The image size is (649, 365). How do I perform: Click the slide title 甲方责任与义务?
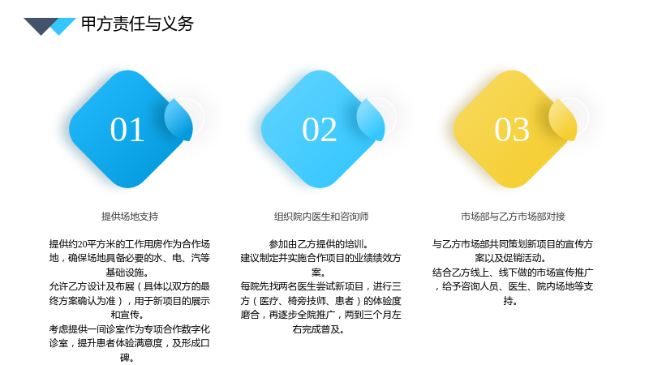[137, 24]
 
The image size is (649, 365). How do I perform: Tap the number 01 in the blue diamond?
[127, 130]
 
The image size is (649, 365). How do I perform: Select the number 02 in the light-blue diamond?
[319, 130]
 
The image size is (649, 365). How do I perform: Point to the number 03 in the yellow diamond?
[512, 130]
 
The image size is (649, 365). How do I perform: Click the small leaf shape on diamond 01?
[178, 119]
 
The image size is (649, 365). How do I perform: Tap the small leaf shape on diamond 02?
[371, 119]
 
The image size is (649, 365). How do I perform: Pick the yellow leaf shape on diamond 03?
[563, 119]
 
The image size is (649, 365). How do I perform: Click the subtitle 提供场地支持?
[130, 217]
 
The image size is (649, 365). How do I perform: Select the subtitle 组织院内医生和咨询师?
[321, 217]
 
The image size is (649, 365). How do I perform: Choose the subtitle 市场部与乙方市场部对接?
[513, 217]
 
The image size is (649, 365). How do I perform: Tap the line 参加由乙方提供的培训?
[319, 244]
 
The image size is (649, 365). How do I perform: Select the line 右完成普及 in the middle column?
[318, 329]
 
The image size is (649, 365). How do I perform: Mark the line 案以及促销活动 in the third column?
[510, 258]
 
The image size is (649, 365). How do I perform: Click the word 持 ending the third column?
[508, 301]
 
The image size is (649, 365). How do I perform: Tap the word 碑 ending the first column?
[125, 358]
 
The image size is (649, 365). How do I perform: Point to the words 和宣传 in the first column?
[125, 315]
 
